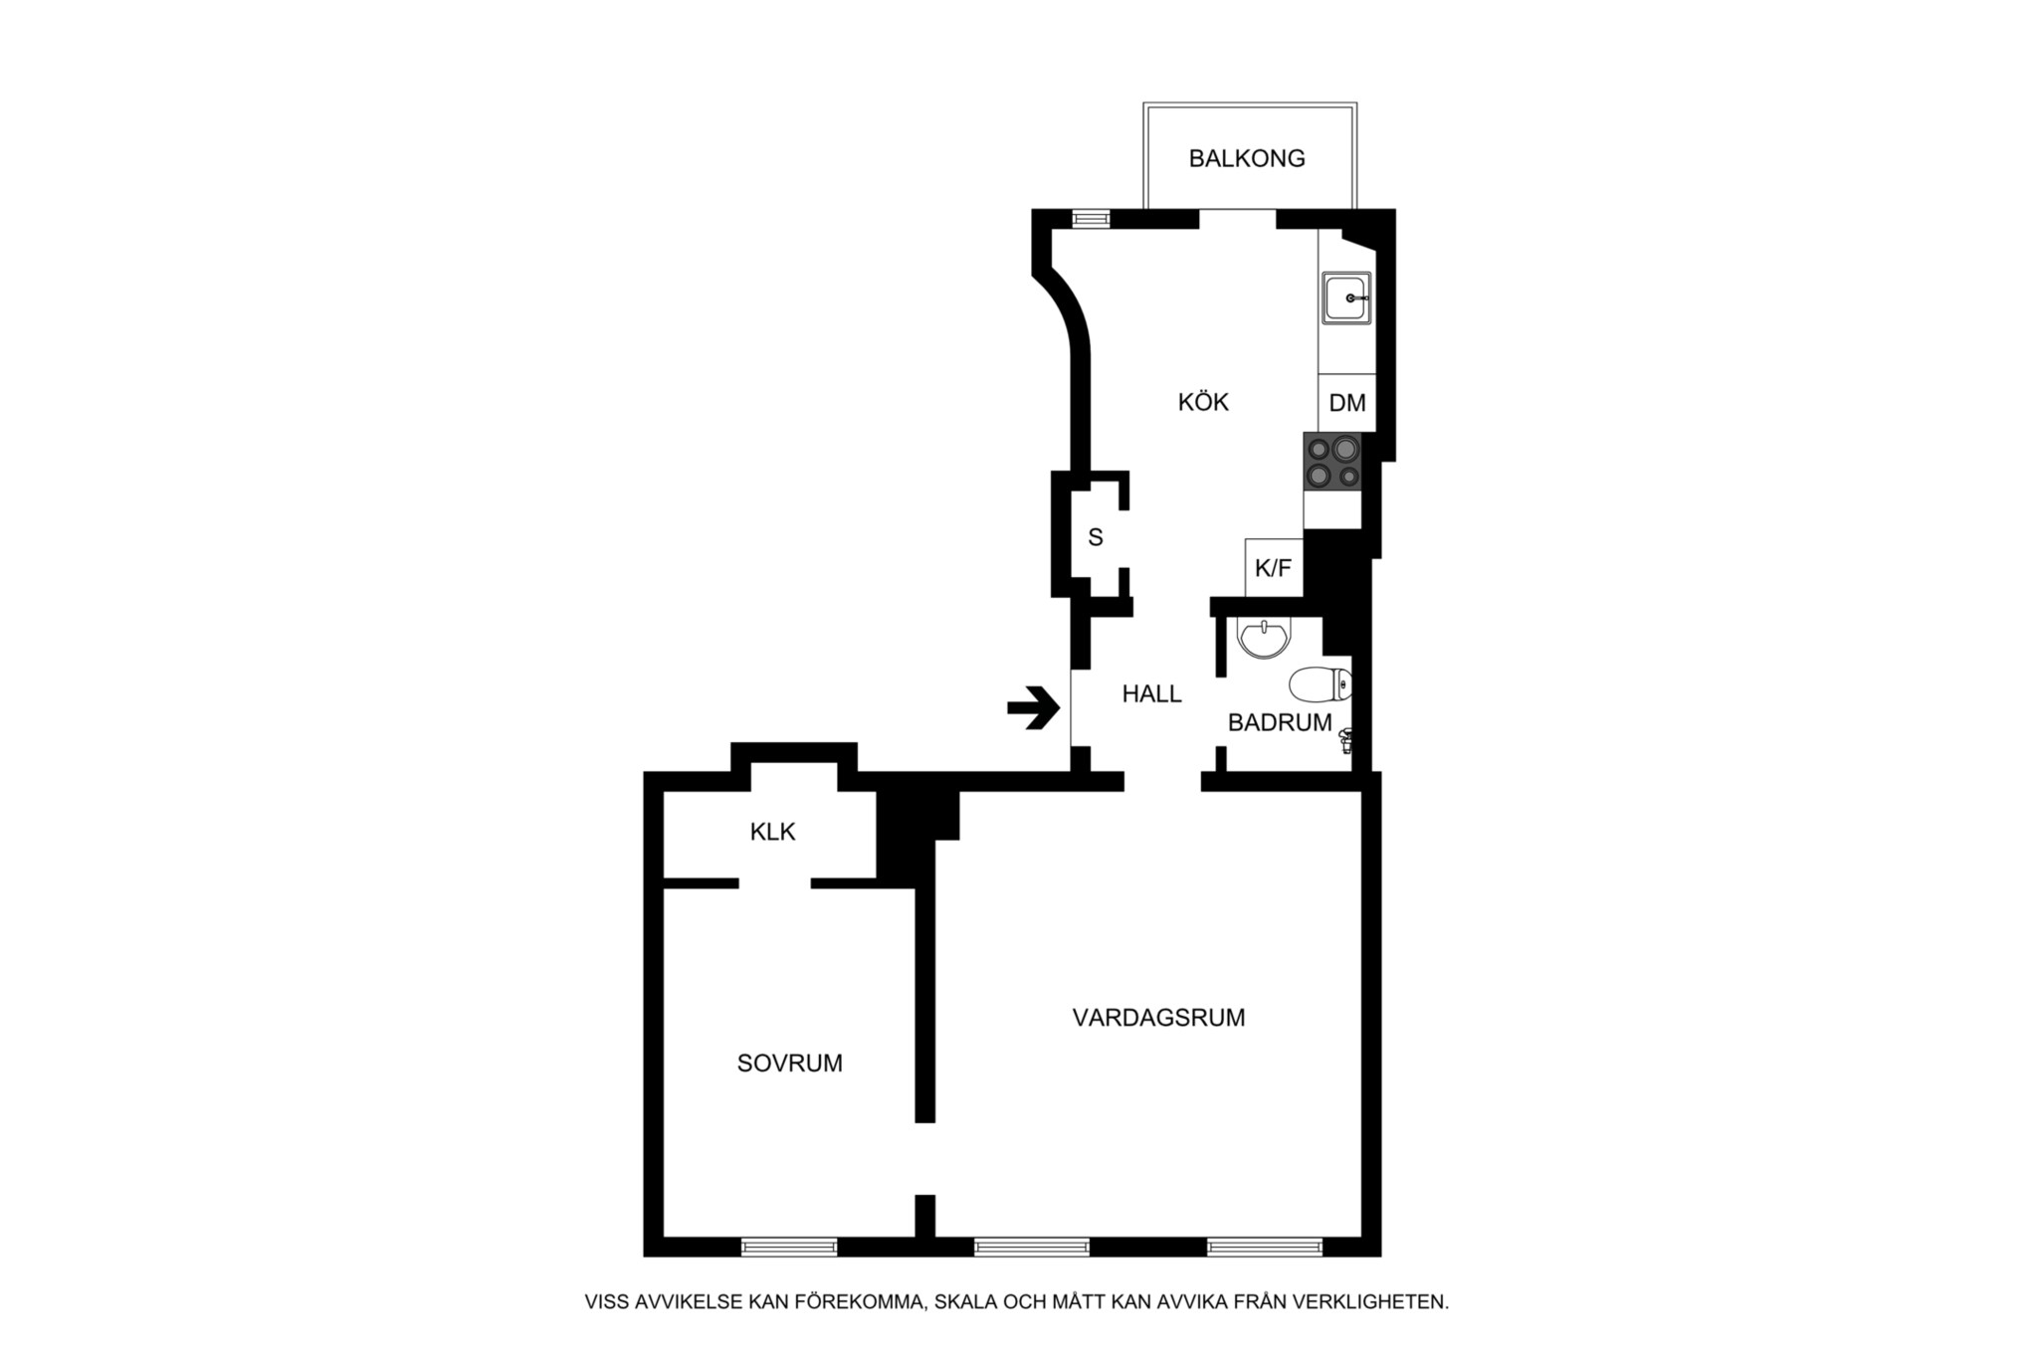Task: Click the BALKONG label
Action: pos(1247,158)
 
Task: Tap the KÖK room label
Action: pos(1203,402)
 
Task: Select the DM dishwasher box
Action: pos(1347,403)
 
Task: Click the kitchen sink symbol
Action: pos(1346,297)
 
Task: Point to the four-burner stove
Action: pos(1332,462)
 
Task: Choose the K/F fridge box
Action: pos(1274,568)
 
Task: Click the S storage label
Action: pos(1096,537)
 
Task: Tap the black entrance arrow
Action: pos(1034,708)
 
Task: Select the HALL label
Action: pos(1152,694)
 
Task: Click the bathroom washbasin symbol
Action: pos(1264,638)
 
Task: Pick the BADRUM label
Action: pos(1280,723)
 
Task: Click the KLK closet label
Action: pos(773,832)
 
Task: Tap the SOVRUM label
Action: pos(790,1064)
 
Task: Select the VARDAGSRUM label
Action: pos(1159,1018)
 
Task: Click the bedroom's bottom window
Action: pos(789,1247)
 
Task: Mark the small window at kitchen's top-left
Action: pos(1091,219)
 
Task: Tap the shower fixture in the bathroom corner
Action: pos(1346,740)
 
